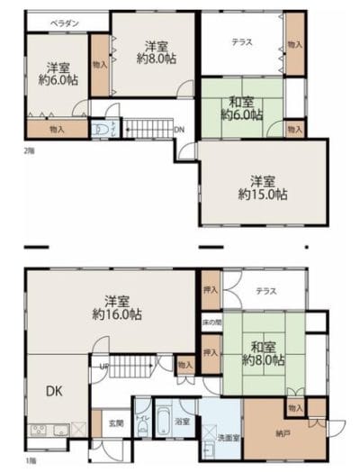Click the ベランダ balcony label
pyautogui.click(x=61, y=22)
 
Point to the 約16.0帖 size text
pyautogui.click(x=118, y=314)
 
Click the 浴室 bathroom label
pyautogui.click(x=184, y=421)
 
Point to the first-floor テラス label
pyautogui.click(x=265, y=291)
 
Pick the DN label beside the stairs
pyautogui.click(x=179, y=130)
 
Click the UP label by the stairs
pyautogui.click(x=104, y=367)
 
